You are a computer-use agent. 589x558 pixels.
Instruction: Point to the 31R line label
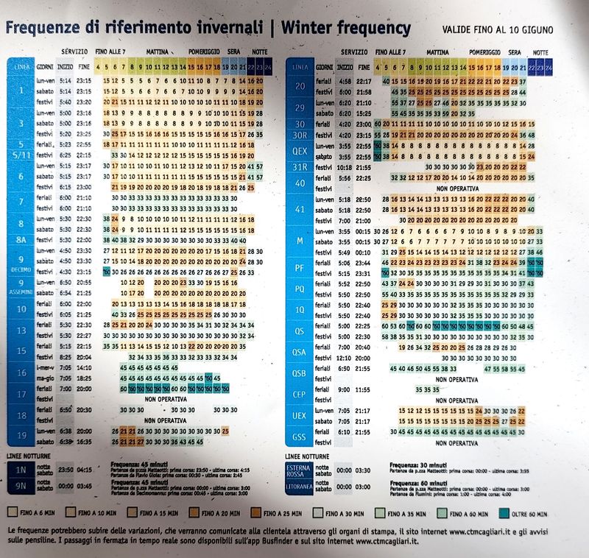[300, 167]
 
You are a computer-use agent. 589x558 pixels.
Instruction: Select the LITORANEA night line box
[299, 487]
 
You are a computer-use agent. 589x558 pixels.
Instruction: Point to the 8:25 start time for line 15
[64, 356]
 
